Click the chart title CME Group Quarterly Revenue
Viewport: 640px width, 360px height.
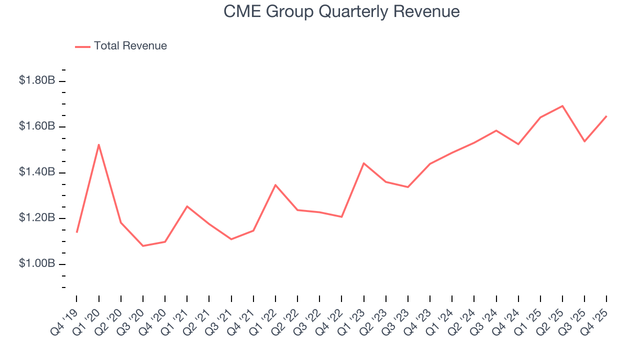[x=341, y=11]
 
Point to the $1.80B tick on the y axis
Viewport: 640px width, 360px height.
[x=62, y=81]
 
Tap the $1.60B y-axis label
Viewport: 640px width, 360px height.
[x=37, y=126]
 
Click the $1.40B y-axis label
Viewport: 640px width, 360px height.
[x=37, y=172]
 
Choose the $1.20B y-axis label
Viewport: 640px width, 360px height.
[x=37, y=218]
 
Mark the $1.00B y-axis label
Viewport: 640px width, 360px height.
[x=37, y=264]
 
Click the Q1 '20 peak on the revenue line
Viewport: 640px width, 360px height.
[x=99, y=145]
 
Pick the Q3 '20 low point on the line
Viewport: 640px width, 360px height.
[x=143, y=245]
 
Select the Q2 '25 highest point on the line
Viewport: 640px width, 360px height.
[x=562, y=106]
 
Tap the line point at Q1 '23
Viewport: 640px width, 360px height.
[x=363, y=163]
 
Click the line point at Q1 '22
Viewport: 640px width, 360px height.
[x=275, y=185]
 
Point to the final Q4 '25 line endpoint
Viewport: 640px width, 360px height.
[x=606, y=116]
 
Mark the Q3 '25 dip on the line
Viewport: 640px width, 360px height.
[x=584, y=141]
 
